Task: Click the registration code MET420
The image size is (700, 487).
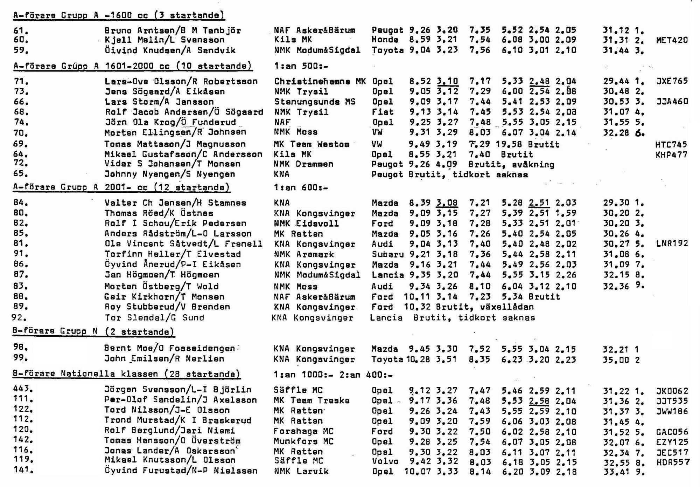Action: pos(672,40)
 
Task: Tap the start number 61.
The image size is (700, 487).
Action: pos(21,30)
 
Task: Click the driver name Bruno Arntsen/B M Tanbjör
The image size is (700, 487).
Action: pos(173,30)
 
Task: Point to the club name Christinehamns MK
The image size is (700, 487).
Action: pos(320,81)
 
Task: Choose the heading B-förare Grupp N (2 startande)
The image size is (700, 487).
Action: pos(93,331)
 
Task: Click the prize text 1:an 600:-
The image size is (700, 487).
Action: pos(301,187)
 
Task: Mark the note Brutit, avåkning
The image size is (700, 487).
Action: pos(511,164)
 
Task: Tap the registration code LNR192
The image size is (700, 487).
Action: pos(672,243)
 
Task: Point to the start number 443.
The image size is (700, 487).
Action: pos(23,389)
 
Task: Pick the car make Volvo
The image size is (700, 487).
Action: pos(385,461)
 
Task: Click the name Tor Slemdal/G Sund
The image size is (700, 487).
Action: pos(154,317)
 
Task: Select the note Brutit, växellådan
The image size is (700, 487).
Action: pos(485,307)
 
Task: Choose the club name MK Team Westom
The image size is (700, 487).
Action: pos(311,144)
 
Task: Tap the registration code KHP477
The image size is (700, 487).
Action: pos(671,155)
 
